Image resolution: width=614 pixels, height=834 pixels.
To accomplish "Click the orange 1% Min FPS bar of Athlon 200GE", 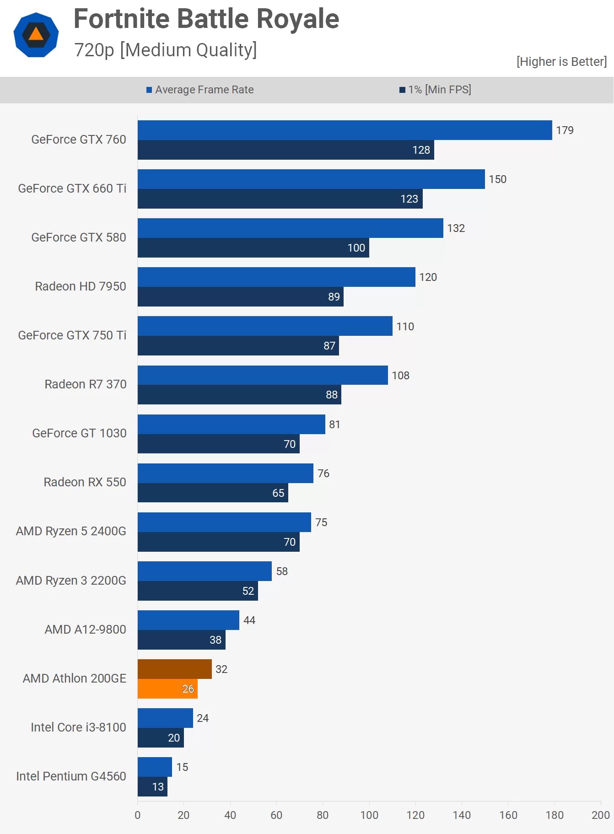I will (x=167, y=689).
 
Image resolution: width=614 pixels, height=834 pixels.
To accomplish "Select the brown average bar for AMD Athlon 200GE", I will (x=174, y=669).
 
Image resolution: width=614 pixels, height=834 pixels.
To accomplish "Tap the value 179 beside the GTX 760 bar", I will (x=565, y=130).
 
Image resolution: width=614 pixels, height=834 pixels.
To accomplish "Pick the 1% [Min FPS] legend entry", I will (x=436, y=90).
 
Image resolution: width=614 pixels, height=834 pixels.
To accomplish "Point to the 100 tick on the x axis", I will (x=369, y=815).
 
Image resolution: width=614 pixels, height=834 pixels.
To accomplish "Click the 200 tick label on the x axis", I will (x=600, y=815).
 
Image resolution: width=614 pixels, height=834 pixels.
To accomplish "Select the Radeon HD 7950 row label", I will (x=81, y=286).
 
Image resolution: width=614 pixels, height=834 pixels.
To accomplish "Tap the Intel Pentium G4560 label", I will (x=71, y=776).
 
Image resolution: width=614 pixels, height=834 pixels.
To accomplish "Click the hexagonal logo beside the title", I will (x=36, y=35).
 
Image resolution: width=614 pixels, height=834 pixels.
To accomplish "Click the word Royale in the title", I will (x=297, y=19).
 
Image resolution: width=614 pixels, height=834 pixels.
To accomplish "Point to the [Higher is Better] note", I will (x=561, y=62).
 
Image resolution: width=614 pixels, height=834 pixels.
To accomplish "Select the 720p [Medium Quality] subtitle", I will (x=166, y=50).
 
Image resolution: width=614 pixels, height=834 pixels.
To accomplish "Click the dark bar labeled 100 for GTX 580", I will (x=253, y=248).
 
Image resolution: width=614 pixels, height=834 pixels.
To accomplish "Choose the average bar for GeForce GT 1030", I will (x=231, y=424).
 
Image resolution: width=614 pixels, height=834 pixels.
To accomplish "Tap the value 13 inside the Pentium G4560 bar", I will (x=158, y=786).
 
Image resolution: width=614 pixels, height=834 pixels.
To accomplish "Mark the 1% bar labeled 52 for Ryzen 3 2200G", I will (x=198, y=591).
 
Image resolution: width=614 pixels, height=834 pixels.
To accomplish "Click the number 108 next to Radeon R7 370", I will (x=400, y=376).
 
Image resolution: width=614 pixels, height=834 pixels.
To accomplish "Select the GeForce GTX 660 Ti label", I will (x=72, y=188).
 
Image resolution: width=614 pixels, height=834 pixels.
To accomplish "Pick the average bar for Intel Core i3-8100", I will (x=165, y=718).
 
